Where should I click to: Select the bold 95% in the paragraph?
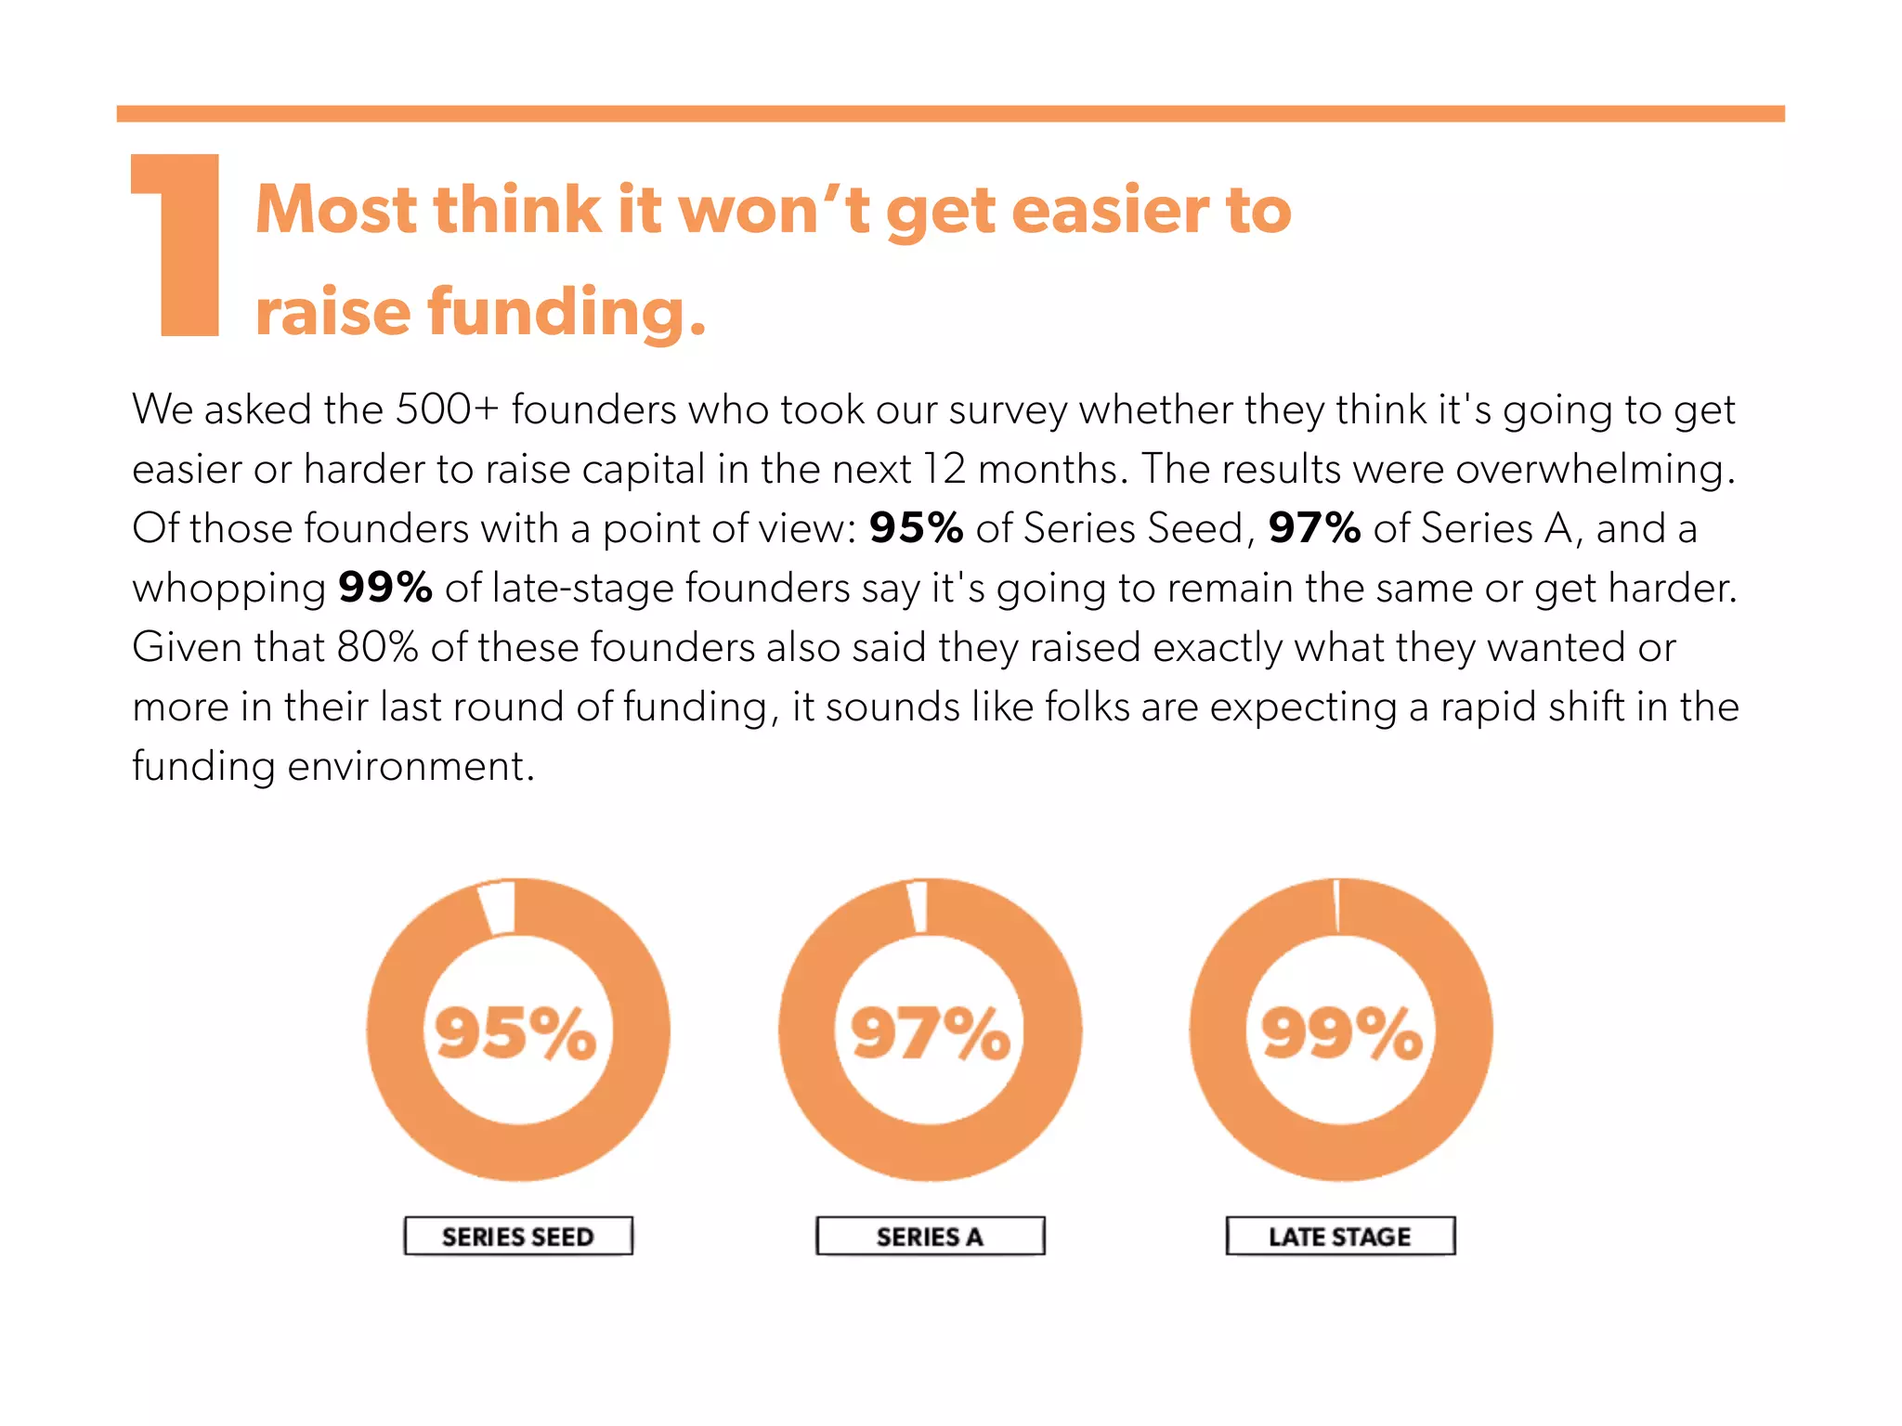coord(916,528)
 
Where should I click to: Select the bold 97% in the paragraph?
coord(1314,528)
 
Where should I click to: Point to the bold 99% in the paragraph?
coord(384,588)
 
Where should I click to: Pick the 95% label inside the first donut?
coord(516,1032)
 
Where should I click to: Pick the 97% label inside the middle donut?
coord(930,1032)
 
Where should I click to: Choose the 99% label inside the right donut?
coord(1341,1032)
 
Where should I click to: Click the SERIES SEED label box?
coord(518,1236)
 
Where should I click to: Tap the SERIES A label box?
coord(930,1236)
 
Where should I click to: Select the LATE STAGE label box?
coord(1340,1236)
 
